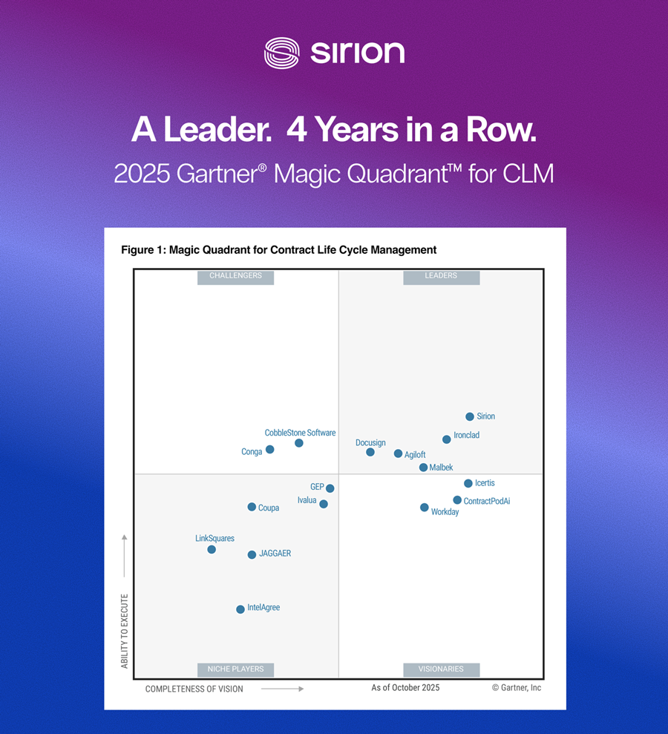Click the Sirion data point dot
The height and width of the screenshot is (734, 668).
point(470,417)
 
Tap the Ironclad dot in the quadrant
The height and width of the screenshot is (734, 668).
point(447,439)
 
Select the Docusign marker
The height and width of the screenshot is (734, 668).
point(370,452)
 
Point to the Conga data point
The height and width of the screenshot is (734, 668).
point(270,449)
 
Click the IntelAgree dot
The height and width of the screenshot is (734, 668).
point(240,609)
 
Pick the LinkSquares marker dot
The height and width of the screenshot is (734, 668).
point(212,549)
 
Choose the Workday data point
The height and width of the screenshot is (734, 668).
point(425,508)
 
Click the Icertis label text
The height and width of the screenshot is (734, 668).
point(485,483)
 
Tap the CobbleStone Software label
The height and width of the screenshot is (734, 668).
point(300,433)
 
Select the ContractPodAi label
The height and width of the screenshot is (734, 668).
point(487,502)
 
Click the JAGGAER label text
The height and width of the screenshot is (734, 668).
point(275,554)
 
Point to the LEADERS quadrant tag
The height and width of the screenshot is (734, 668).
point(441,276)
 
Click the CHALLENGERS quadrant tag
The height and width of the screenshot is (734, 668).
point(235,276)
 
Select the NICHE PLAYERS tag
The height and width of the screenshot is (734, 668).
point(235,669)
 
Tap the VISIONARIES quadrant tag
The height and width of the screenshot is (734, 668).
point(441,669)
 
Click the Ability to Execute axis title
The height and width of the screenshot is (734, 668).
point(125,631)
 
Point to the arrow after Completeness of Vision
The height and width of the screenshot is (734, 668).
point(283,689)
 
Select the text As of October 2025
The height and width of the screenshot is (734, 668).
point(405,688)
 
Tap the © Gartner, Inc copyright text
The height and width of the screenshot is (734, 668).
point(517,688)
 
